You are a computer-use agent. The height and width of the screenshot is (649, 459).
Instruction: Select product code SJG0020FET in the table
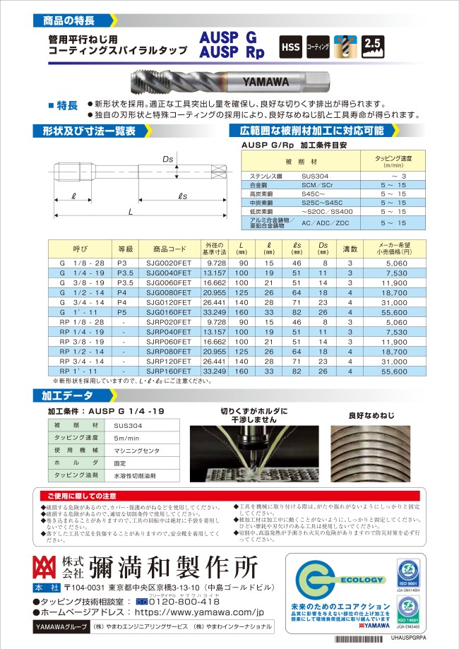tap(169, 262)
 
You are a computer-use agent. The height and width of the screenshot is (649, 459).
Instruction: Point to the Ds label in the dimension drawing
tap(168, 160)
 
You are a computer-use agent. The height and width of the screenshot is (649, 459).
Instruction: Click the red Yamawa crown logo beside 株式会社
tap(45, 568)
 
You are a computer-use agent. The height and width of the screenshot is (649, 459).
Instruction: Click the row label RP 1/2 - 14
tap(78, 351)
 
